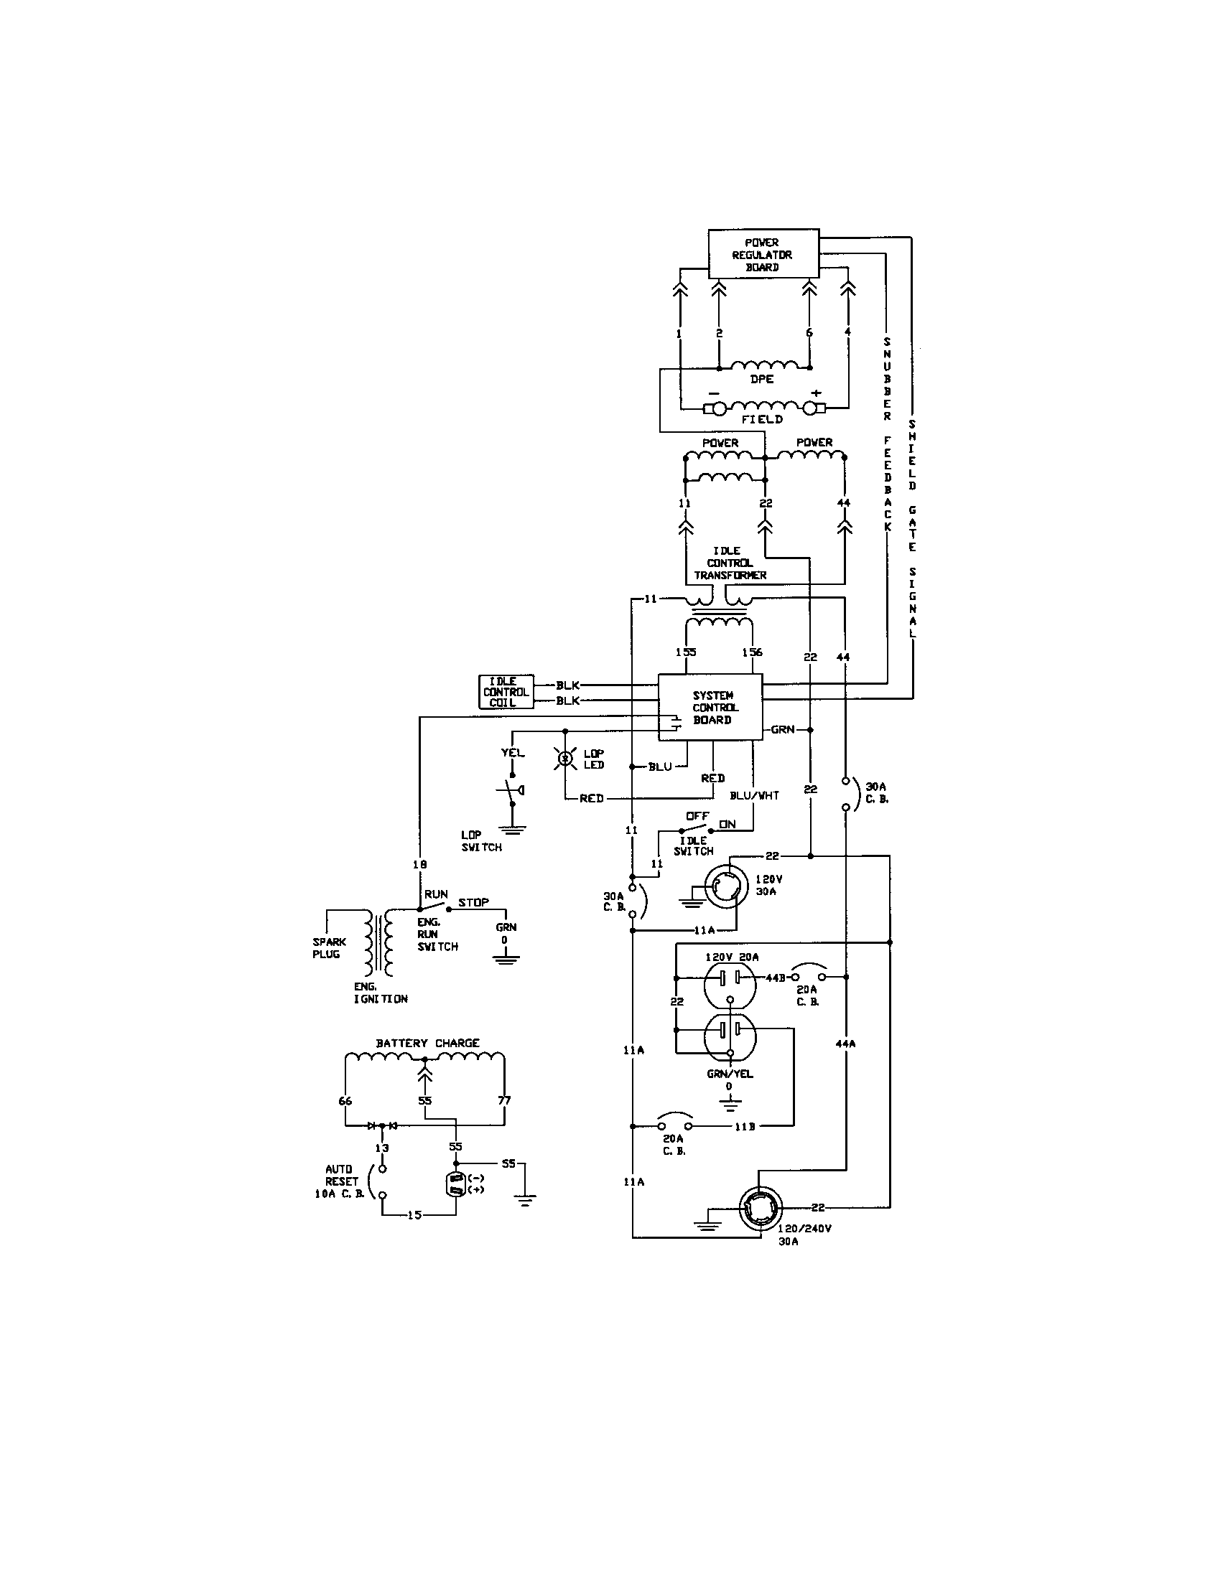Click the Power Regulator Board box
click(763, 254)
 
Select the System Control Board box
click(710, 707)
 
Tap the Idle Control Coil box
click(506, 691)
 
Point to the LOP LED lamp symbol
click(566, 759)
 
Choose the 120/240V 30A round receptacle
click(761, 1209)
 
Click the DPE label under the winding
click(762, 379)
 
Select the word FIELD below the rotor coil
click(762, 418)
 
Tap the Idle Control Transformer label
click(730, 563)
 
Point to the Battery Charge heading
click(427, 1043)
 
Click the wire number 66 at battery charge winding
click(345, 1100)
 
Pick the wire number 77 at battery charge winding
click(504, 1100)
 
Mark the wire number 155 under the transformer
click(686, 652)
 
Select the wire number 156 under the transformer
click(752, 652)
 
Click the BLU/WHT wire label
click(753, 795)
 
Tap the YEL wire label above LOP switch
click(513, 753)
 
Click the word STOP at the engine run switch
click(473, 902)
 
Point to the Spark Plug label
click(329, 947)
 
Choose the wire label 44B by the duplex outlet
click(775, 978)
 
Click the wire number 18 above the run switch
click(419, 863)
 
